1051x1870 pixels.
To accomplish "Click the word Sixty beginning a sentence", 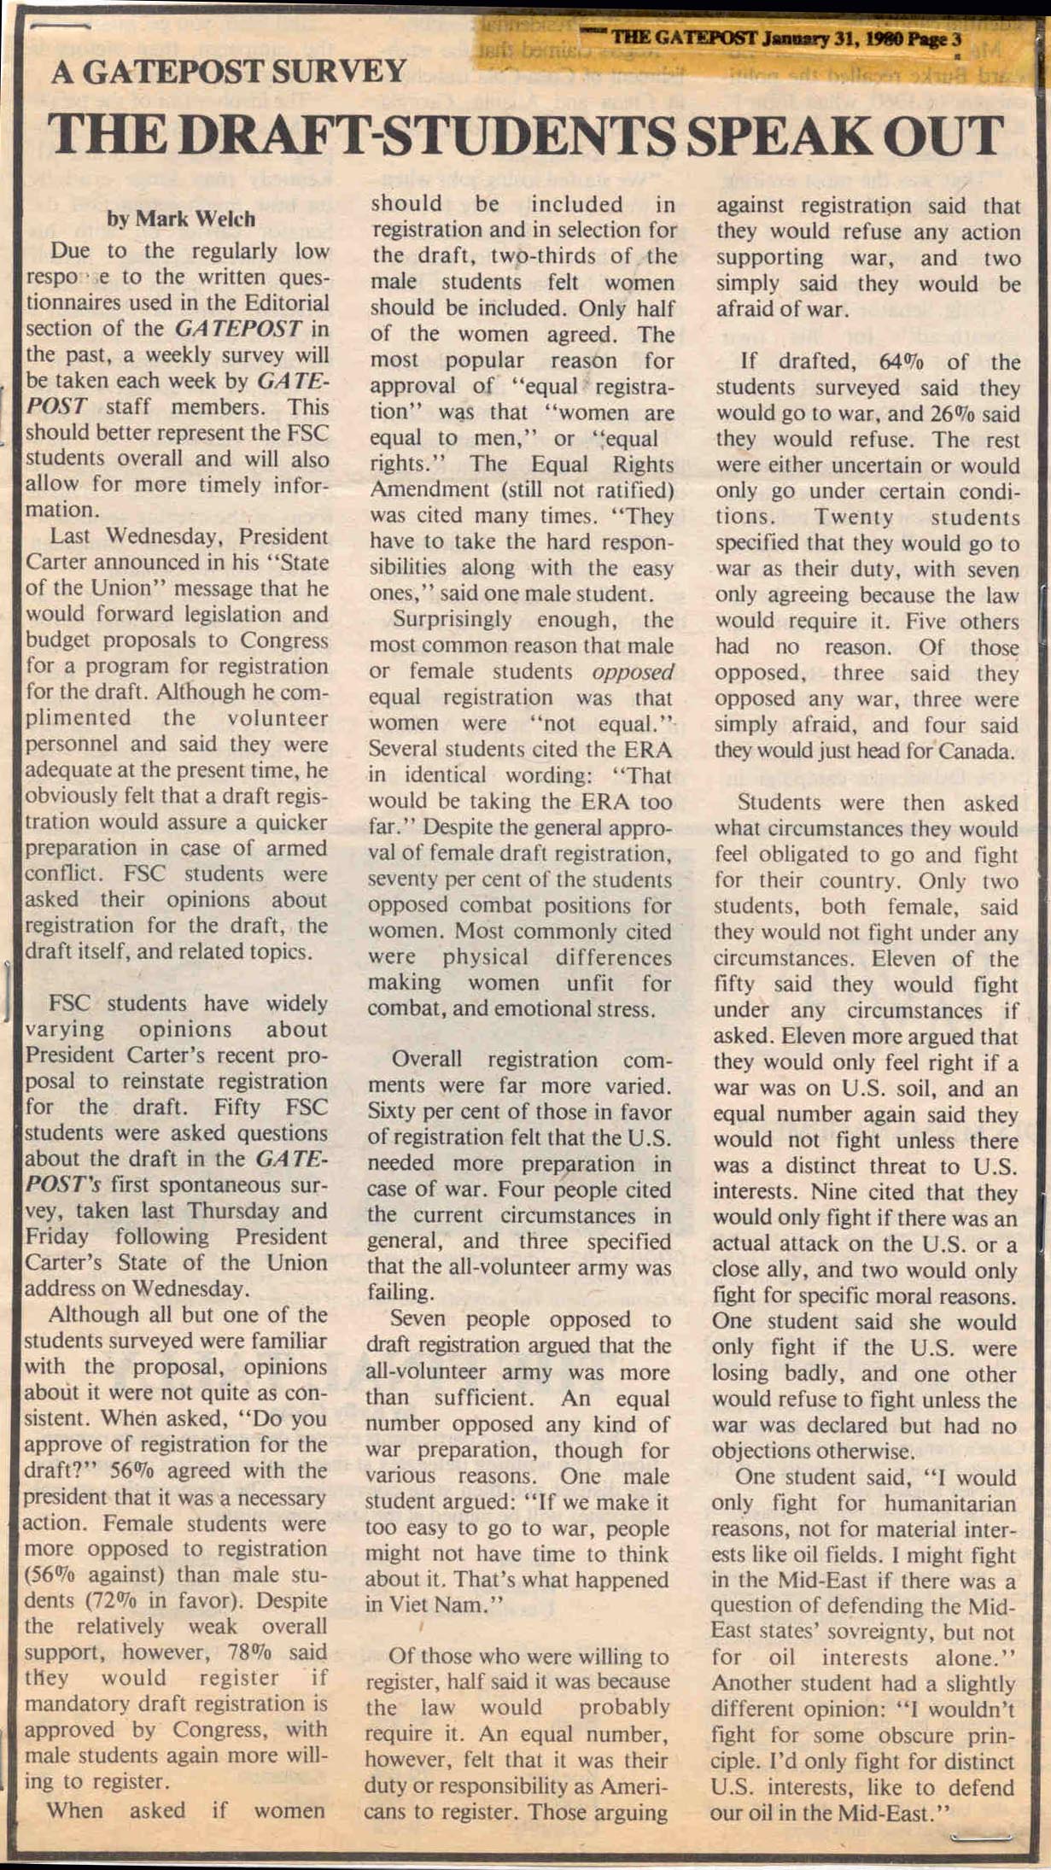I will point(397,1113).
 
